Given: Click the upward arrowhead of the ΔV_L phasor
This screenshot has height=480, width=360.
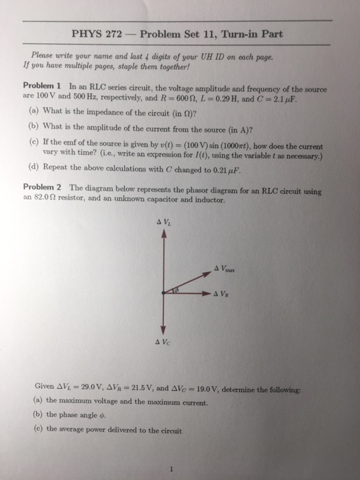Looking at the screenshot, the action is point(163,233).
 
